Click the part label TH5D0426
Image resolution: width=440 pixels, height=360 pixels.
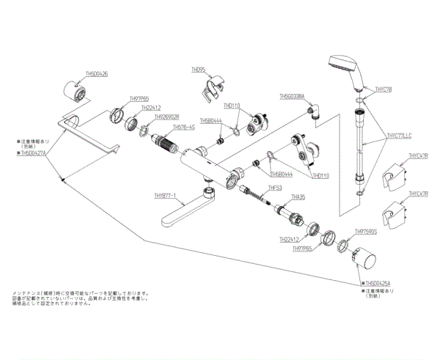96,73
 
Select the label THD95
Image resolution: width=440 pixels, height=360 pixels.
199,73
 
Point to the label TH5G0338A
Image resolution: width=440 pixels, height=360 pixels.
296,96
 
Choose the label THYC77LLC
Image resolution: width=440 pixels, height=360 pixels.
400,136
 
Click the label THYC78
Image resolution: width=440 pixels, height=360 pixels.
384,89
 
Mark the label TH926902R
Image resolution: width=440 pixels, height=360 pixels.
167,117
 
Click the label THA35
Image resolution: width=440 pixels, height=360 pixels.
298,196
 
